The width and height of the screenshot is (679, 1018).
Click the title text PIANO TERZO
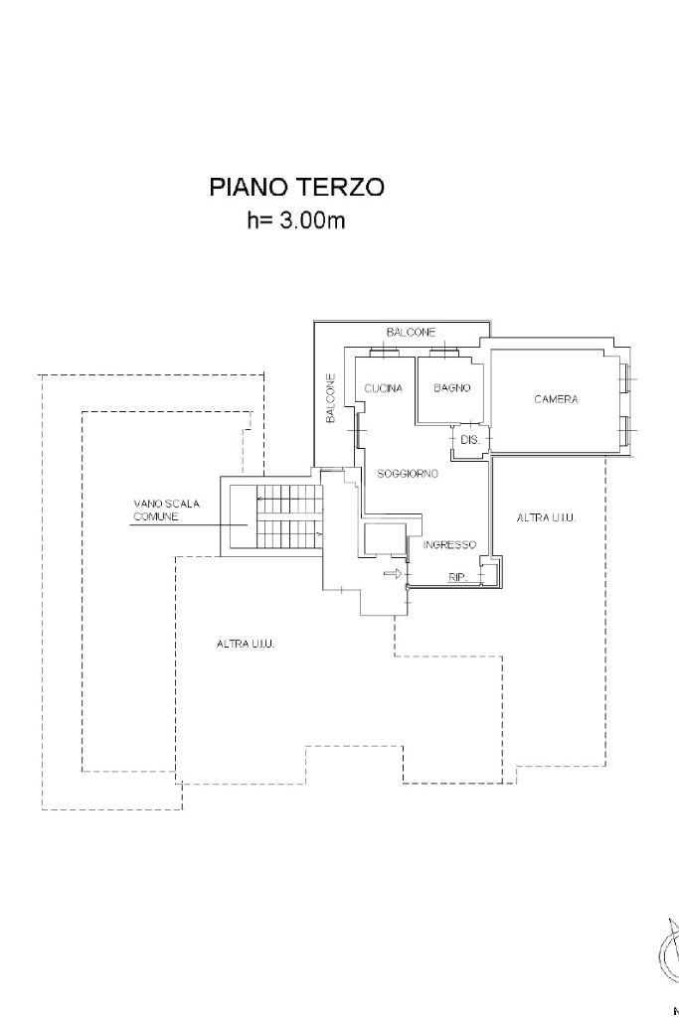[x=296, y=187]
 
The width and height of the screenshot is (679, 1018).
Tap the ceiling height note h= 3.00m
[x=296, y=220]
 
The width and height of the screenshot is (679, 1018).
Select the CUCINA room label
[x=383, y=388]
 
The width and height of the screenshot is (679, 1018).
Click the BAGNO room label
[x=451, y=387]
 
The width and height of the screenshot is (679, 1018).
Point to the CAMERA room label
[x=556, y=399]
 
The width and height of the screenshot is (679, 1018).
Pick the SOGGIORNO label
[x=408, y=474]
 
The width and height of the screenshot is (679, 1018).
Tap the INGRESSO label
[x=450, y=545]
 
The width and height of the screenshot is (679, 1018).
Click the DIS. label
[x=469, y=438]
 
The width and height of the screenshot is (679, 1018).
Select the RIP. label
[x=458, y=577]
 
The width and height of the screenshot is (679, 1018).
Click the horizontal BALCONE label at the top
[x=411, y=332]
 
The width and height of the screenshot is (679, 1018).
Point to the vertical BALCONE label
[x=331, y=398]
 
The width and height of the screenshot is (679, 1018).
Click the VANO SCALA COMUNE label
[x=166, y=509]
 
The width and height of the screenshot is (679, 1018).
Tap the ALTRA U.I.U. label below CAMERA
[x=547, y=518]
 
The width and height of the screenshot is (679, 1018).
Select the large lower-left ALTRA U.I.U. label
[x=246, y=644]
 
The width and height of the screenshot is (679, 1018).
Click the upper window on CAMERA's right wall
[x=624, y=378]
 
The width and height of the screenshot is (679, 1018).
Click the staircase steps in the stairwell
[x=288, y=517]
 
